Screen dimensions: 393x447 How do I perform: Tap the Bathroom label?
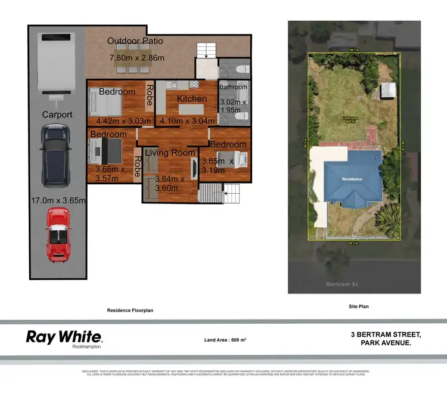(x=233, y=87)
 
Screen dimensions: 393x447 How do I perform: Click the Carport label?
(x=57, y=115)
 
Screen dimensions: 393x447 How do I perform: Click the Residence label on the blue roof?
(x=352, y=178)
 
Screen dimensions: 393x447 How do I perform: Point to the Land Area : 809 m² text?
(x=225, y=339)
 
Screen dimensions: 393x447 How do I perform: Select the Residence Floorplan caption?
(x=131, y=311)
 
